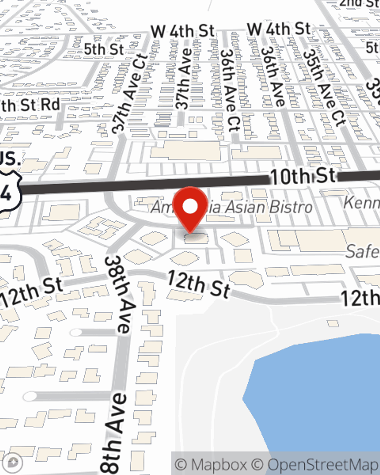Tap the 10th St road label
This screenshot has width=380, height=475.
click(303, 176)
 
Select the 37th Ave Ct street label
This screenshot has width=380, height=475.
click(130, 93)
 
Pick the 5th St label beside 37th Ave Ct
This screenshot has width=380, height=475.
click(104, 49)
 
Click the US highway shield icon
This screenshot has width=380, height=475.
click(8, 190)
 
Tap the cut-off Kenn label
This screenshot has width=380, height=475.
click(361, 203)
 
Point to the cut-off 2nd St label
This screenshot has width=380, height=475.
click(359, 3)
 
